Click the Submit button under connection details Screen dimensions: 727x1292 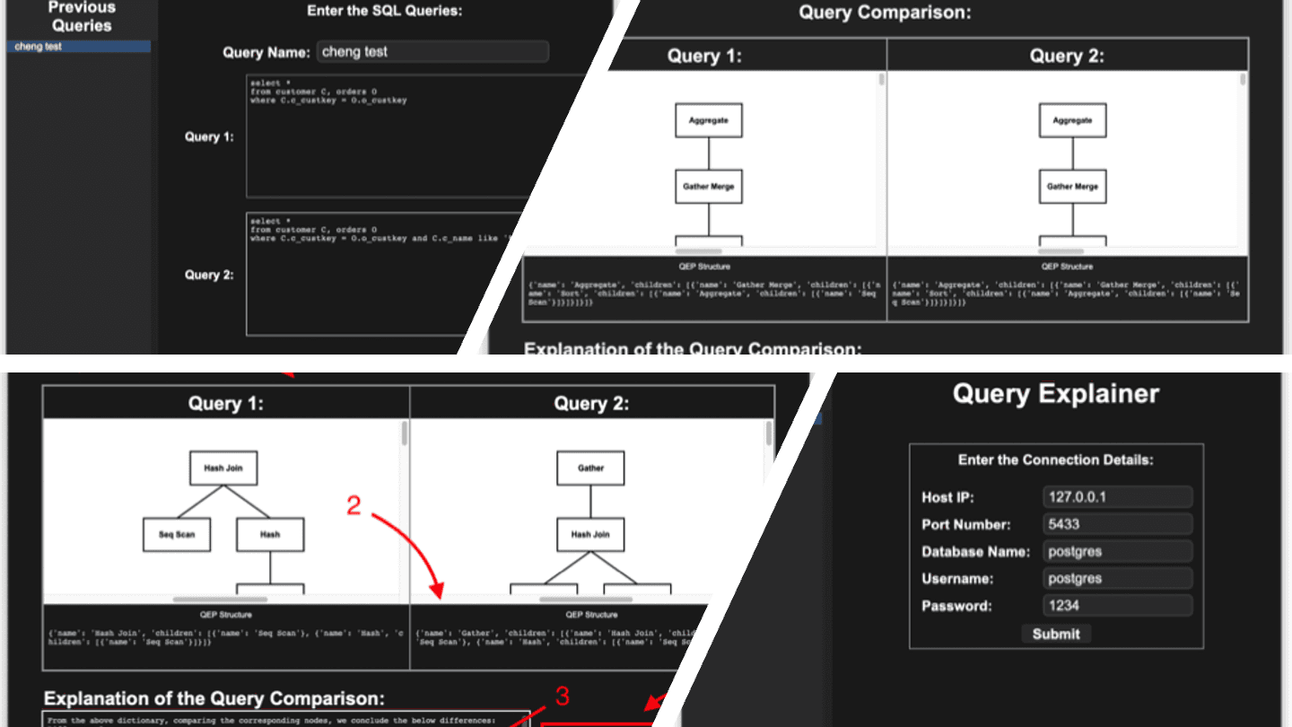click(1056, 634)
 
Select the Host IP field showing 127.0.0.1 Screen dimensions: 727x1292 click(1118, 497)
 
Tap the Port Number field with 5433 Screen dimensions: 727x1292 click(1118, 524)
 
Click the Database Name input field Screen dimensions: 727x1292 click(1118, 551)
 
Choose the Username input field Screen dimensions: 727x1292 click(1118, 578)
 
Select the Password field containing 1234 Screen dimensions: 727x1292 click(1118, 606)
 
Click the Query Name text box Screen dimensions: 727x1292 click(432, 52)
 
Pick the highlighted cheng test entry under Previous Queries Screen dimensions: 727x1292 click(79, 47)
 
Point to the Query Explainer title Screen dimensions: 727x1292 click(1055, 394)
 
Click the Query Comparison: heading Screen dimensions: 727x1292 click(885, 13)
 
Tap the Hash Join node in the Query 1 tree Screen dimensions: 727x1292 click(223, 468)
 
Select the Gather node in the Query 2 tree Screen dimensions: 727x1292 click(590, 468)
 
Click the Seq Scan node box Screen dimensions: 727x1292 click(177, 534)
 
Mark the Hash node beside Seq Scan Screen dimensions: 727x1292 click(270, 534)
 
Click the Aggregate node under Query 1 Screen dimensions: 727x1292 click(709, 120)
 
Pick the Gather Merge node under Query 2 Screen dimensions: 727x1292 click(1073, 187)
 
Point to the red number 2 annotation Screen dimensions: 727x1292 click(354, 506)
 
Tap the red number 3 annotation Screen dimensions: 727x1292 click(562, 696)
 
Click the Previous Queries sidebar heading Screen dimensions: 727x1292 click(82, 16)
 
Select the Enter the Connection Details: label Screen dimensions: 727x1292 click(1055, 460)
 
